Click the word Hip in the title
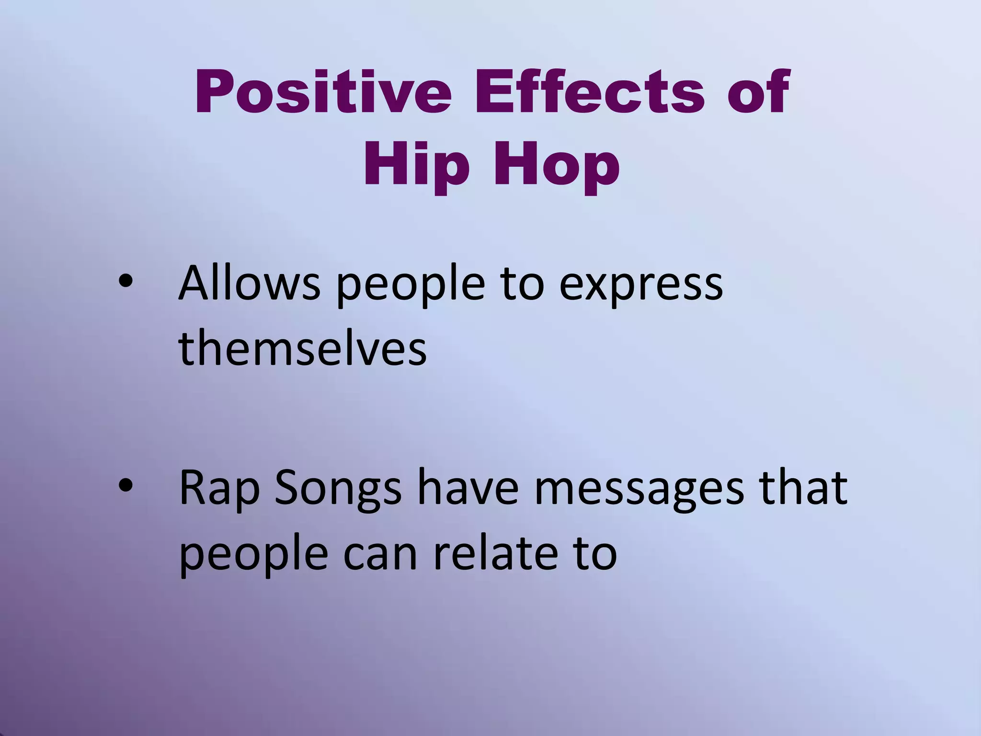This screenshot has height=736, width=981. click(x=416, y=165)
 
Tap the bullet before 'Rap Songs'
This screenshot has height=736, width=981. click(x=125, y=487)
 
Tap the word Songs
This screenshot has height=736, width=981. click(x=338, y=489)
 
